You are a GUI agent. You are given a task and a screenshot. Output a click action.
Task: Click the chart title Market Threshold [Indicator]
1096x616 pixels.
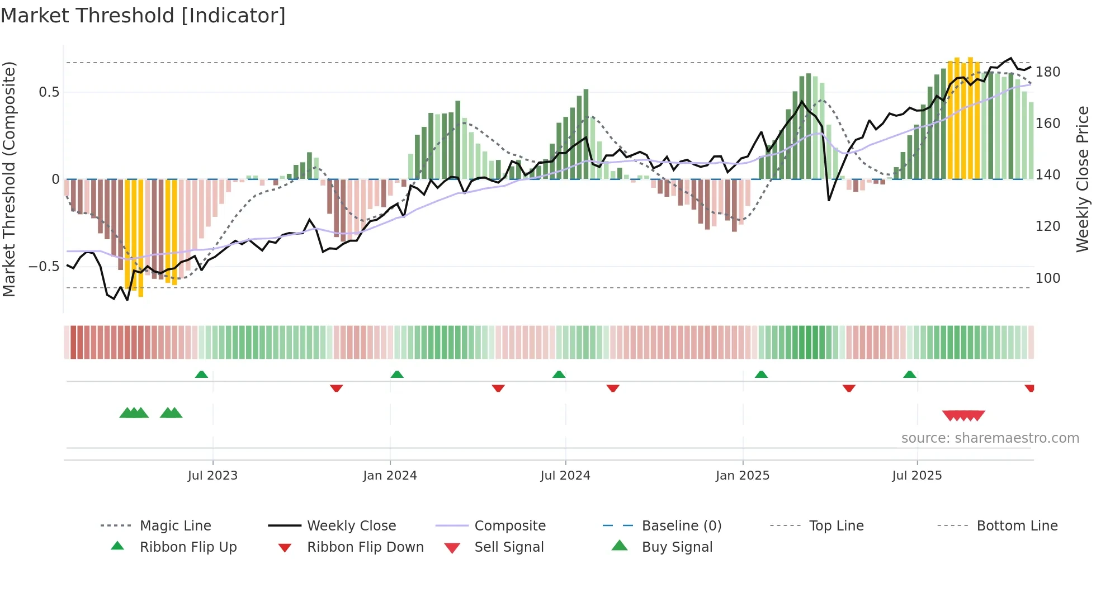point(143,16)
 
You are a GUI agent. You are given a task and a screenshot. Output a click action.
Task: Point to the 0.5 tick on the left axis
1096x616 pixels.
point(49,92)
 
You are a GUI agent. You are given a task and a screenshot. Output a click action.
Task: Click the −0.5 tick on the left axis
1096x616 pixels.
point(44,267)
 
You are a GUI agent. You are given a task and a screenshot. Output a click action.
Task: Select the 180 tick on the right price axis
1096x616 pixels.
point(1047,72)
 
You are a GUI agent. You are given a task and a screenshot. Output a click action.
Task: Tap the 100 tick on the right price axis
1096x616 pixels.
point(1047,278)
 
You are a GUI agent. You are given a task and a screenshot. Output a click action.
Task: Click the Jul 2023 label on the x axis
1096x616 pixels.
point(212,476)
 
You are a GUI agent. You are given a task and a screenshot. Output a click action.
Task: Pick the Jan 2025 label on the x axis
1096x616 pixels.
point(742,476)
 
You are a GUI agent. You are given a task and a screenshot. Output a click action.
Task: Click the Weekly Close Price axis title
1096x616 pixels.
point(1083,179)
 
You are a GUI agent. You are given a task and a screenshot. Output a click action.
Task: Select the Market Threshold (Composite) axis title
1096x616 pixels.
point(9,179)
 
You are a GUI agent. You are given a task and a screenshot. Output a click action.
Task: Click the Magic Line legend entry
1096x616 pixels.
point(175,526)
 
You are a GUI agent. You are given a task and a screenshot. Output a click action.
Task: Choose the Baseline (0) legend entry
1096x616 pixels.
point(681,526)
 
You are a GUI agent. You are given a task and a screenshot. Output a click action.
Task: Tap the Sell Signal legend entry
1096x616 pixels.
point(508,547)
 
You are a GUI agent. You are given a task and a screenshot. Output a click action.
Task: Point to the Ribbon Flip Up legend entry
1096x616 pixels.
point(188,547)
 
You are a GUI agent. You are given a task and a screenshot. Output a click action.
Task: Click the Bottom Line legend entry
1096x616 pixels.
point(1017,526)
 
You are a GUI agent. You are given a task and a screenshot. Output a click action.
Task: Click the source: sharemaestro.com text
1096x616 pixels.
point(990,438)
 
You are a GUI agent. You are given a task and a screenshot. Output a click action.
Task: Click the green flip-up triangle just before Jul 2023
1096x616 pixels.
point(201,375)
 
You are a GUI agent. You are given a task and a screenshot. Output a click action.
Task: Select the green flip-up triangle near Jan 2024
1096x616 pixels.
point(397,375)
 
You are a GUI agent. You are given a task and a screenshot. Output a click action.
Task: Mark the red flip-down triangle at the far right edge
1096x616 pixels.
point(1029,388)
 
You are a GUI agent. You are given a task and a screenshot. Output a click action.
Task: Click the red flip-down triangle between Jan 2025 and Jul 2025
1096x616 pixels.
point(849,388)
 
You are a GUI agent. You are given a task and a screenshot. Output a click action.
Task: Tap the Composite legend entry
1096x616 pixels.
point(509,526)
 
